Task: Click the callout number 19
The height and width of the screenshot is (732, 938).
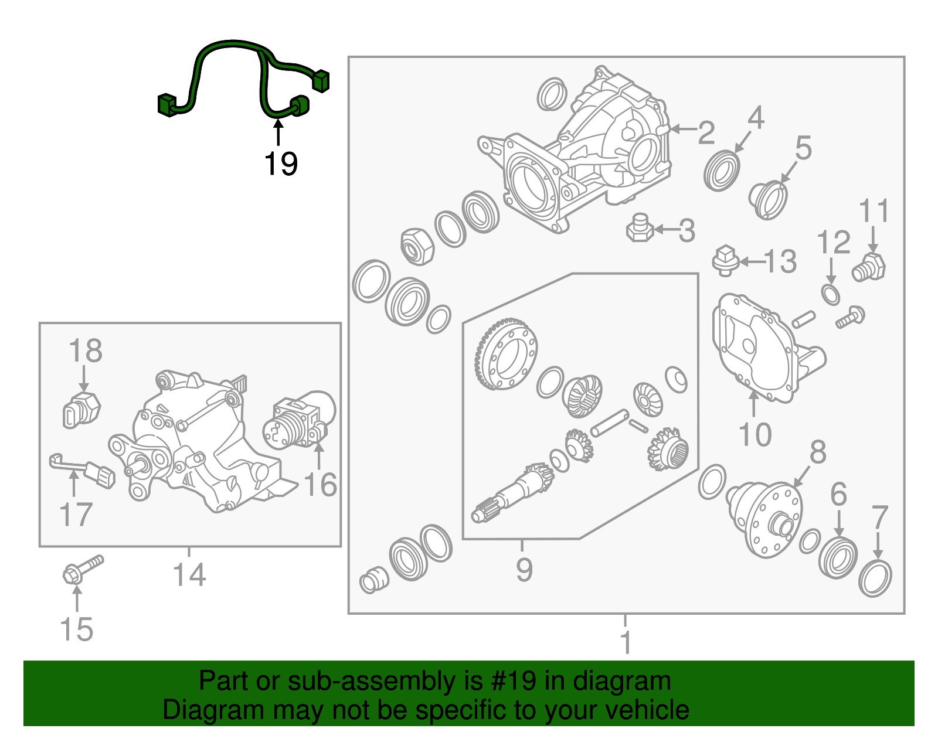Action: [281, 164]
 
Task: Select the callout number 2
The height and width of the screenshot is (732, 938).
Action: [706, 132]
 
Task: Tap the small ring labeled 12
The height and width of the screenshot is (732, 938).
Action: [830, 294]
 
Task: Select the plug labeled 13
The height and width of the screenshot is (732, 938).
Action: [725, 261]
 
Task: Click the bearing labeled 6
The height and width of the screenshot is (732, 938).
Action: [838, 556]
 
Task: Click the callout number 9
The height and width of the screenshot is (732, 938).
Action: [524, 569]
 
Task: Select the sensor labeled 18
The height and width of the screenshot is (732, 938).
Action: [81, 408]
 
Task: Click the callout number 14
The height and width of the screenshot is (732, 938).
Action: [189, 574]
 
